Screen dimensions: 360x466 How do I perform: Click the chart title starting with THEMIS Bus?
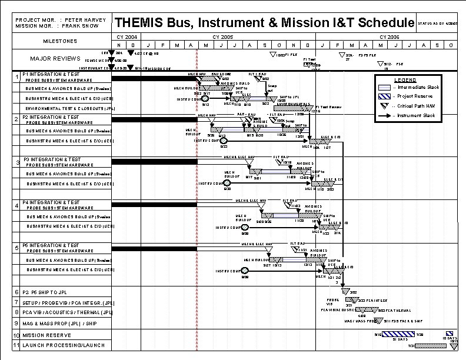pos(264,23)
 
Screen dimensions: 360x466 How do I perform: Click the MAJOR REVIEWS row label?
pos(55,58)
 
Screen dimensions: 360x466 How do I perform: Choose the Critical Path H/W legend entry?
pos(418,106)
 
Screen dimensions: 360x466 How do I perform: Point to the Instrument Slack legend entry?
pos(418,115)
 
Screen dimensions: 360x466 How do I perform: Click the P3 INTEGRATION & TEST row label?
pos(51,159)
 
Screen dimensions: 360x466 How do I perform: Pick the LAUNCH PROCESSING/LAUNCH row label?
pos(63,345)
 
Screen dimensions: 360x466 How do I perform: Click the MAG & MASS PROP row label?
pos(62,323)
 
